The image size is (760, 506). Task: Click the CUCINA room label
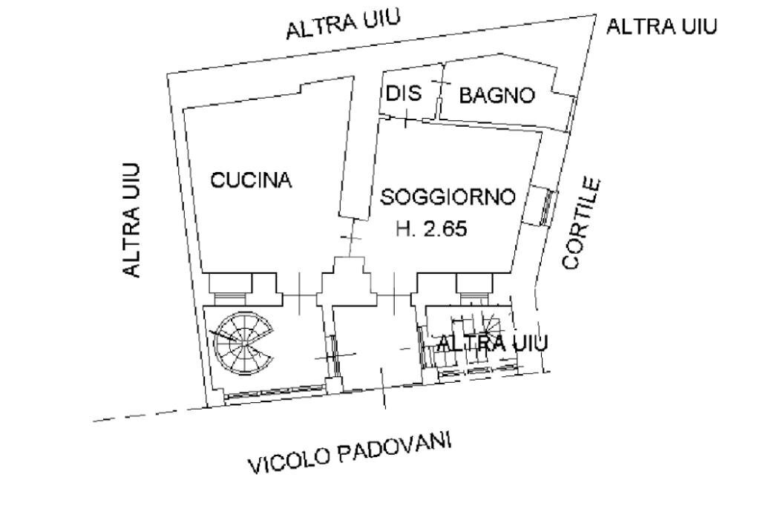[x=251, y=180]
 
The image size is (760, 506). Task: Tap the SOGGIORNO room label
[x=448, y=197]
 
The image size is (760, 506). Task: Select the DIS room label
[x=403, y=94]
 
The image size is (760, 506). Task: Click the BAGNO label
[x=497, y=96]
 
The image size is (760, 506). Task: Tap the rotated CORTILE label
[x=581, y=223]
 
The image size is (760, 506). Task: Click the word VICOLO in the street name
[x=289, y=460]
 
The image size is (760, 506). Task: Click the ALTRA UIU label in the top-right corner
[x=662, y=27]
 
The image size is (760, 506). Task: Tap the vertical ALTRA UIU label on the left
[x=133, y=220]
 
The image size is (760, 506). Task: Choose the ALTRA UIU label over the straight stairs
[x=492, y=344]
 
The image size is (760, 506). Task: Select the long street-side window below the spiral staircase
[x=272, y=392]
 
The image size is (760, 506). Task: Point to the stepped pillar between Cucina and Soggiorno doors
[x=347, y=278]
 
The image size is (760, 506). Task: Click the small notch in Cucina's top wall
[x=311, y=88]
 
